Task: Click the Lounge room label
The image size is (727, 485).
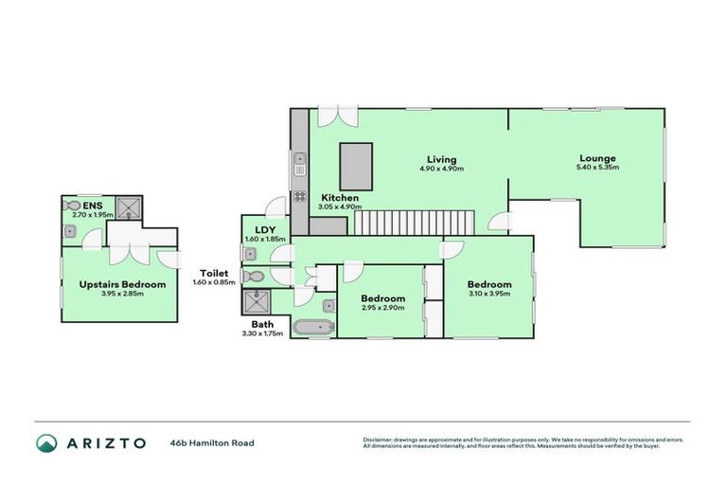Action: pos(597,158)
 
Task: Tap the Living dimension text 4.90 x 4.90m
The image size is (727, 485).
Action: pos(441,169)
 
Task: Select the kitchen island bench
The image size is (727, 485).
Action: pos(355,167)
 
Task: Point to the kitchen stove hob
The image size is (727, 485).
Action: pos(299,197)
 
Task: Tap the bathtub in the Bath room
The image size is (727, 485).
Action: pos(312,329)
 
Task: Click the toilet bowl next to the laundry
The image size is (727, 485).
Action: pos(251,277)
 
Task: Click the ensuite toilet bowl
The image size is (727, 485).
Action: pos(73,204)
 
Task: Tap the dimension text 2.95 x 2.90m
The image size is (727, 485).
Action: pos(383,309)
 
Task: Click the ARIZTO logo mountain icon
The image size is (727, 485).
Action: pos(47,442)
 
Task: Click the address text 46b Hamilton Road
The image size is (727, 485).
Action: pos(212,442)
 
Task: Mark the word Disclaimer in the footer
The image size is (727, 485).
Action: pos(381,440)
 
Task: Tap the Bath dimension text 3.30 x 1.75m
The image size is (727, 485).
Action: pos(262,333)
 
